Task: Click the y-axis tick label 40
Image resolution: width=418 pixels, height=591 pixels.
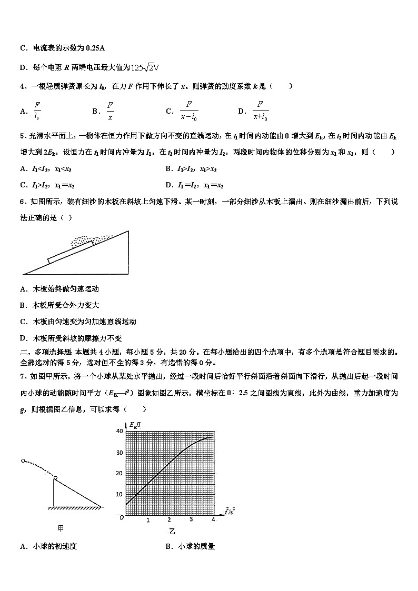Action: [x=119, y=431]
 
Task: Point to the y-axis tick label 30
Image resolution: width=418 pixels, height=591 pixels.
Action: [x=119, y=452]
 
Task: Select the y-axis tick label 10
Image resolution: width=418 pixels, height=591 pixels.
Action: [x=119, y=494]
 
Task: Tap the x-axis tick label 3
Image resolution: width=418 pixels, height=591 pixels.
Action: [x=191, y=520]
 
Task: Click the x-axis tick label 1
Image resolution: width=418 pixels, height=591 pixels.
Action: [x=148, y=520]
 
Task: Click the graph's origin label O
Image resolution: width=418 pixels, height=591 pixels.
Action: [x=122, y=517]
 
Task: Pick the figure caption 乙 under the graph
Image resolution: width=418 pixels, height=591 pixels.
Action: [x=173, y=531]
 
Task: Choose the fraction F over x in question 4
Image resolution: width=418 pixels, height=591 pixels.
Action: [x=110, y=111]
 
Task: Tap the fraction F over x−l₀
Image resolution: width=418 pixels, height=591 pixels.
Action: [x=188, y=111]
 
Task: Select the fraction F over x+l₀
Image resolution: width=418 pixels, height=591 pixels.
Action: [x=260, y=111]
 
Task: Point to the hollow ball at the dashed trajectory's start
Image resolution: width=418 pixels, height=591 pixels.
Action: [x=23, y=460]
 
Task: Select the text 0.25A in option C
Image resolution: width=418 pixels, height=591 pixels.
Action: [x=95, y=48]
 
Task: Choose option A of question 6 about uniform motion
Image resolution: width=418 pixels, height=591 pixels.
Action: [x=59, y=289]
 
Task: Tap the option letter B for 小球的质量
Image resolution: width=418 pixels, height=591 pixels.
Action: [x=168, y=546]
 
